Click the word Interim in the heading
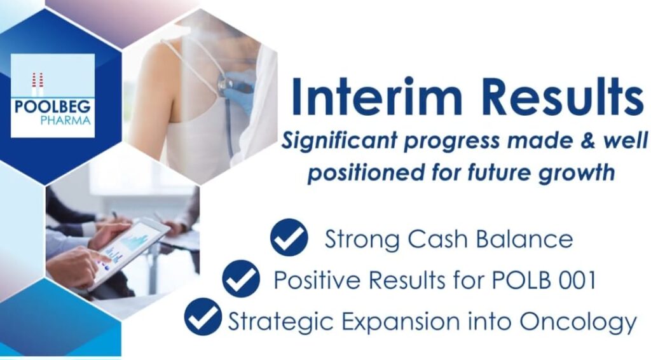(x=376, y=96)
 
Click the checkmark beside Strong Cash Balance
(x=289, y=237)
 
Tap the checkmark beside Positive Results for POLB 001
(x=241, y=279)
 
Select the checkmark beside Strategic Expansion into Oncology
(x=203, y=317)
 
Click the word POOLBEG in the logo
(x=53, y=107)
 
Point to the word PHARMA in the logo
(x=65, y=121)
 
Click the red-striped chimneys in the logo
(x=38, y=85)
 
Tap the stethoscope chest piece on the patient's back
(x=226, y=85)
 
